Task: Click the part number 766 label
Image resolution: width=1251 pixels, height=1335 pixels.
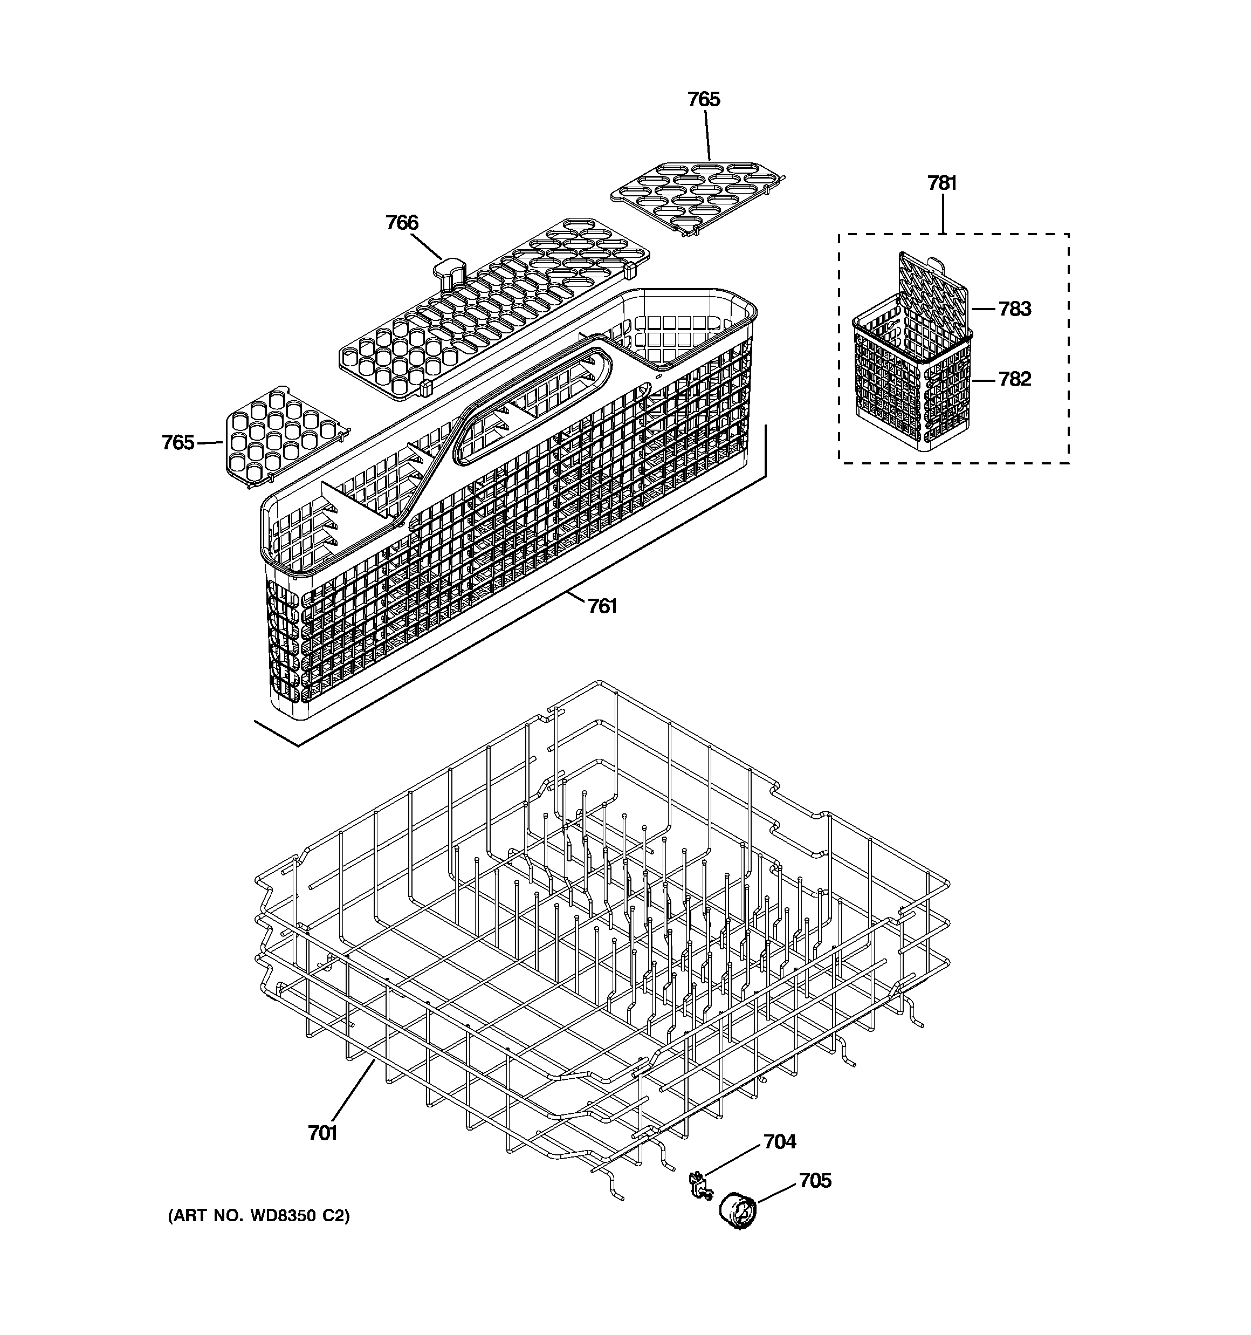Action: point(402,222)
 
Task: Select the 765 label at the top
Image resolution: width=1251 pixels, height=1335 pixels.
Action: point(703,99)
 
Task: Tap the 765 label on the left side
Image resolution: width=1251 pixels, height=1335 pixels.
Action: point(178,442)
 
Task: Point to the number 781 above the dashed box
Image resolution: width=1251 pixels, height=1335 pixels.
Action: point(942,183)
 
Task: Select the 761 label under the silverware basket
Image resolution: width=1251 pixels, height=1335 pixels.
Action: point(602,606)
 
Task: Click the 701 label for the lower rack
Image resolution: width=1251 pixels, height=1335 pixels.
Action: point(322,1133)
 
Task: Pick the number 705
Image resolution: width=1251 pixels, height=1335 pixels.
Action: point(815,1181)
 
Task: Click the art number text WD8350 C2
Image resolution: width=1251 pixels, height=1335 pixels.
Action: point(258,1234)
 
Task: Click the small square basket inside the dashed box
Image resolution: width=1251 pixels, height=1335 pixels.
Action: point(910,389)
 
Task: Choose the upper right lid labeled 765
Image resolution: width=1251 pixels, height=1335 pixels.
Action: point(695,195)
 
